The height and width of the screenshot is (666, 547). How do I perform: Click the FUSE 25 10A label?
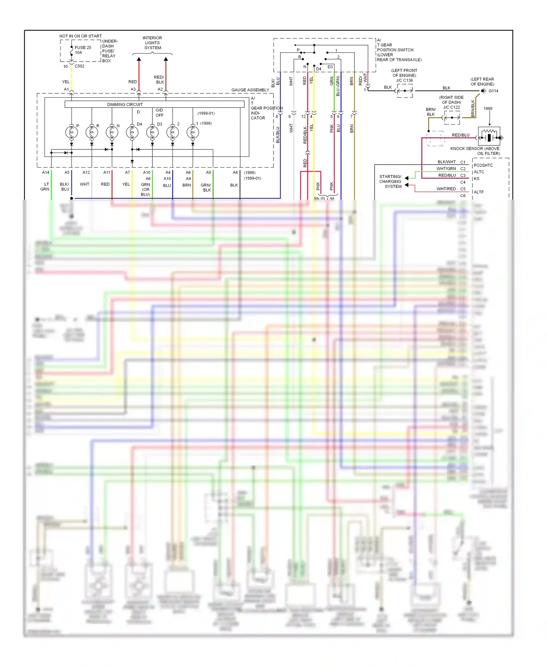click(83, 50)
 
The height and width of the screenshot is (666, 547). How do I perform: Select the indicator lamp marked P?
click(71, 132)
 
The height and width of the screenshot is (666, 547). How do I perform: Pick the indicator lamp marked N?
click(112, 132)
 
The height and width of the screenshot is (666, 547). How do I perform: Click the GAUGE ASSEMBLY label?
click(250, 90)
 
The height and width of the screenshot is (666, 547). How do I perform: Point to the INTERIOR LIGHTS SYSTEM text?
click(152, 43)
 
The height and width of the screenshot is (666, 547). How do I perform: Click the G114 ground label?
click(493, 91)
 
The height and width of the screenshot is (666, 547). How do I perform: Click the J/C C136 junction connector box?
click(405, 91)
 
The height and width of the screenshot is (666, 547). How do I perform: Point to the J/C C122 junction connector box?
click(452, 118)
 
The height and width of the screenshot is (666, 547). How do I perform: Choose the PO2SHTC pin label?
click(483, 165)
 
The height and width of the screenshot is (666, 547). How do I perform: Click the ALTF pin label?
click(479, 192)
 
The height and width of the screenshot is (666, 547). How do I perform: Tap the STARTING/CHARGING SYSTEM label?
click(390, 181)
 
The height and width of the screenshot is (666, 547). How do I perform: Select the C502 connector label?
click(79, 66)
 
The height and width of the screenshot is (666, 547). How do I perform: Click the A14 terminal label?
click(46, 173)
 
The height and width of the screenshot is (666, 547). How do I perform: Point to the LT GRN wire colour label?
click(45, 187)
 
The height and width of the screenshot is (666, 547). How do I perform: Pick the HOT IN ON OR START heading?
click(81, 36)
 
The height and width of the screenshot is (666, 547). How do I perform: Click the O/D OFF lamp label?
click(159, 113)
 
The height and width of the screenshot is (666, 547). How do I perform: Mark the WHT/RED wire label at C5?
click(446, 189)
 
